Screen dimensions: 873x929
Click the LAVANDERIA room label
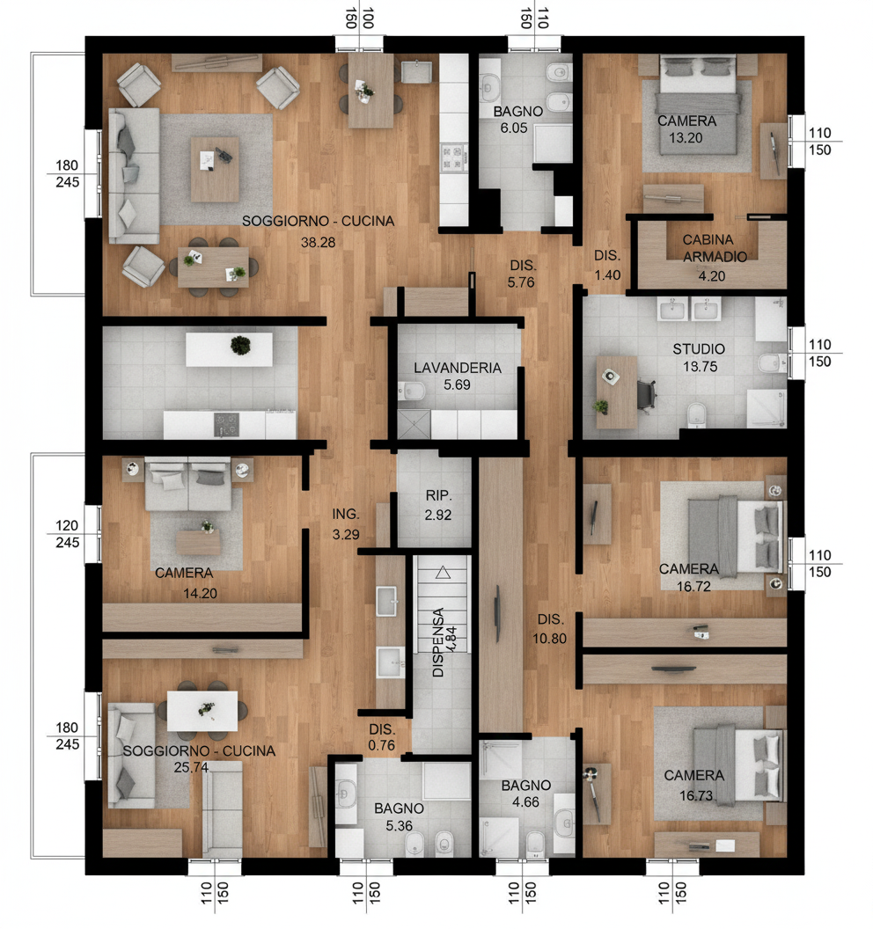(x=457, y=368)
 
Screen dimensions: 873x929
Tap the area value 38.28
(x=318, y=242)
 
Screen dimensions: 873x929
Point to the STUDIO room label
(x=698, y=349)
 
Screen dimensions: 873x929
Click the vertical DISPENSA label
(x=438, y=642)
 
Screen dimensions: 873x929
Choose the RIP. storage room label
(x=438, y=495)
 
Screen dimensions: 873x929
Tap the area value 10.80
(x=549, y=639)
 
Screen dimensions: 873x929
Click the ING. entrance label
(x=346, y=515)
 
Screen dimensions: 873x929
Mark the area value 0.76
(x=381, y=745)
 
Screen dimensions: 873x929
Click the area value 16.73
(x=696, y=795)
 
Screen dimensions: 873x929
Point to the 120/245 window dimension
(x=67, y=534)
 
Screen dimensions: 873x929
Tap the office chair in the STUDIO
(x=646, y=394)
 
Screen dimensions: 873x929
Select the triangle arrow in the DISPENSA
(x=443, y=573)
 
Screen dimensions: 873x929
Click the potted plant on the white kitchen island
(x=240, y=346)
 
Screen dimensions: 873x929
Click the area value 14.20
(x=200, y=593)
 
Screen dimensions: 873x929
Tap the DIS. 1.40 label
(x=607, y=265)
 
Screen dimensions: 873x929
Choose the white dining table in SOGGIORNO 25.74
(x=202, y=711)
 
